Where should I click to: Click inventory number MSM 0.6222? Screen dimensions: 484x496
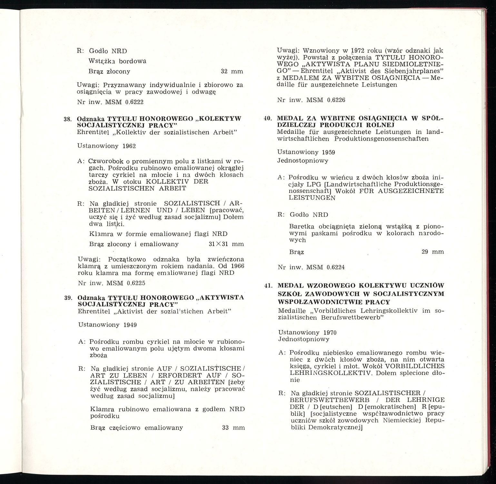pos(124,102)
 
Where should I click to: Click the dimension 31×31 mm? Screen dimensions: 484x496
pos(226,244)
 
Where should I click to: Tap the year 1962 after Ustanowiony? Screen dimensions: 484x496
pos(129,146)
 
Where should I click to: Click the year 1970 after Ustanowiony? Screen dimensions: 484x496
pos(330,332)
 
